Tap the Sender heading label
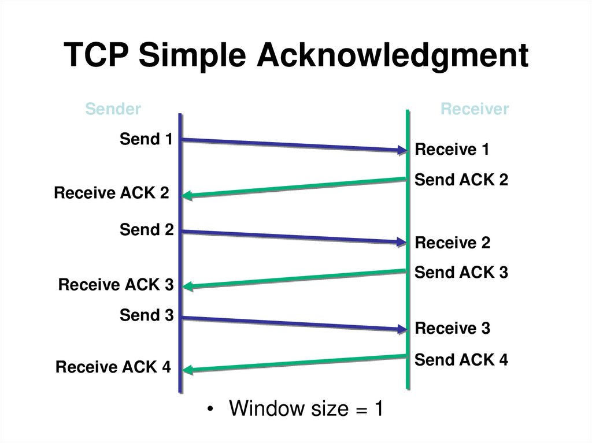(113, 109)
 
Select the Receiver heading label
(474, 109)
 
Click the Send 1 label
(146, 139)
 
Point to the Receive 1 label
(452, 150)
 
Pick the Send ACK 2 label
(461, 180)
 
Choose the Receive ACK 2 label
(112, 193)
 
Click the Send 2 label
(146, 230)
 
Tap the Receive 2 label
(452, 243)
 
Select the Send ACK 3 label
(461, 272)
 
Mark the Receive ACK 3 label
(116, 285)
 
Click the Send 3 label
(146, 315)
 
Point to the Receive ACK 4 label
(113, 367)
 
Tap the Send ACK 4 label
(461, 360)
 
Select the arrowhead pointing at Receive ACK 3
(187, 286)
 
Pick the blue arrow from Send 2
(289, 237)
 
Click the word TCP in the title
(97, 57)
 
